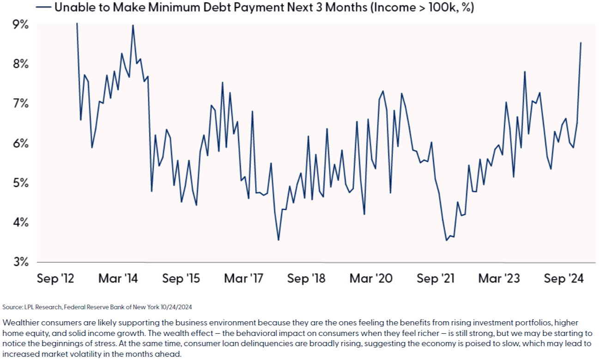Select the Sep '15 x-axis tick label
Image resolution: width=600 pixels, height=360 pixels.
click(181, 278)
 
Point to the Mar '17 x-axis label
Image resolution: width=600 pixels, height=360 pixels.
click(243, 278)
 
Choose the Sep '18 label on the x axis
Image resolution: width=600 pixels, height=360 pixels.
click(307, 278)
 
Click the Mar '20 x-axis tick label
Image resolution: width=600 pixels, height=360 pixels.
click(371, 278)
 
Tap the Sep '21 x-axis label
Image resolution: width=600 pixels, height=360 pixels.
click(436, 278)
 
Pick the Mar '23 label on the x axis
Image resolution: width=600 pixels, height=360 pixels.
click(499, 278)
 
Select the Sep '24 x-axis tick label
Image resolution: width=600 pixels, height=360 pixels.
click(564, 278)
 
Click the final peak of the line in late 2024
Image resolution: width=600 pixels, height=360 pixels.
click(581, 43)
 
